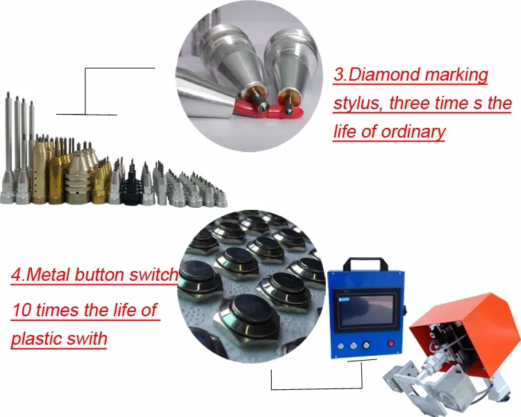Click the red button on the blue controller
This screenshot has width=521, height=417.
(391, 343)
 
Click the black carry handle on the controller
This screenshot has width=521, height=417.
(365, 263)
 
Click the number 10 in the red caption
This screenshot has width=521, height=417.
(23, 310)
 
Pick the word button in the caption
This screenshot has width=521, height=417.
(99, 275)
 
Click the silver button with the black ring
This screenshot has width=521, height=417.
(366, 345)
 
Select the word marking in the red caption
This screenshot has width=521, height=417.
(456, 75)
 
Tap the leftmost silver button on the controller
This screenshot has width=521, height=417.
(340, 346)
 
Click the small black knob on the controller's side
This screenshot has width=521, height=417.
(405, 312)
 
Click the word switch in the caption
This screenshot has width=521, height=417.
(154, 275)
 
